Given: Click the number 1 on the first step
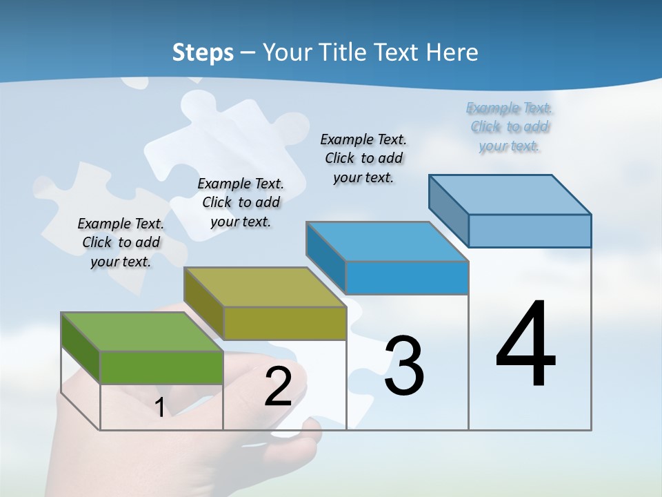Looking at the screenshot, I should pos(159,407).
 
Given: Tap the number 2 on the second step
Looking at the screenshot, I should pos(278,387).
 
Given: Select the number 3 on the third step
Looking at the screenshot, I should pos(404,366).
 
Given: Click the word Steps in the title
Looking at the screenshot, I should pos(203,52).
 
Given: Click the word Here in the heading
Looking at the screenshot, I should pos(452,52).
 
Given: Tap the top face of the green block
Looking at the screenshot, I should pos(142,331).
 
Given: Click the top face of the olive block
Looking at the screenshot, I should pos(265,287).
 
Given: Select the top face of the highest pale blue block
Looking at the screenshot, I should pos(510,195).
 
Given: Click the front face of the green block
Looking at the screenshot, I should pos(161,367).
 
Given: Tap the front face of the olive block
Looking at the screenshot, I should pos(284,323).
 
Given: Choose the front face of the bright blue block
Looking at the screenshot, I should pos(407,277).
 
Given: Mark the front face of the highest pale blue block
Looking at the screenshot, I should pos(530,231).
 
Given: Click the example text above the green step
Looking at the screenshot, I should pos(121,242).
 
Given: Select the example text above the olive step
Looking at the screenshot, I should pos(241,202).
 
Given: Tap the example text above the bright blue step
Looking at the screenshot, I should pos(363,158).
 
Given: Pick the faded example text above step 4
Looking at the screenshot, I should pos(510,127).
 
